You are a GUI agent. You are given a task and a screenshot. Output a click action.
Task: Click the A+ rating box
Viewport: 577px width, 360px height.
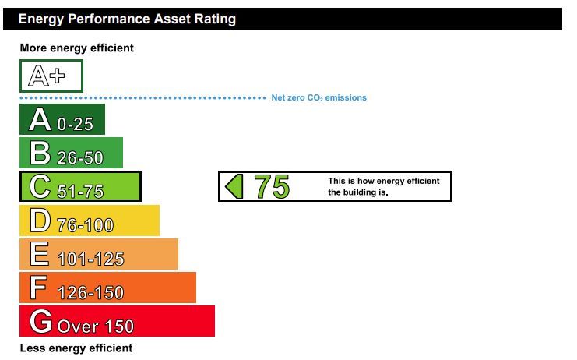[51, 76]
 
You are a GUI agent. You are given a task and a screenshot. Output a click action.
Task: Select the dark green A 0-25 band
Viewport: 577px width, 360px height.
[62, 119]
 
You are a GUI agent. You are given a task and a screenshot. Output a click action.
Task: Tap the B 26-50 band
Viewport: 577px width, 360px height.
[71, 153]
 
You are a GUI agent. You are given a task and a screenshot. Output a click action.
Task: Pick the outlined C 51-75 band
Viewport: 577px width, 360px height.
[80, 186]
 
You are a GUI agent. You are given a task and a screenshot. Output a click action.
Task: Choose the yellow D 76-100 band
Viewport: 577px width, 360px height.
[90, 220]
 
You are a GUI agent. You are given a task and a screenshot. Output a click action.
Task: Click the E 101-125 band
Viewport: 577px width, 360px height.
[99, 254]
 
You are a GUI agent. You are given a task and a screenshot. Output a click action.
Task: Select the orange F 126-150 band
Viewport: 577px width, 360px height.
[107, 288]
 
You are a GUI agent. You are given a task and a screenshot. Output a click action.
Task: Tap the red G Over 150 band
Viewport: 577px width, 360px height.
[117, 321]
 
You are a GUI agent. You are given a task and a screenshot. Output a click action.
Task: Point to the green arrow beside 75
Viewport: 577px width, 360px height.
[234, 187]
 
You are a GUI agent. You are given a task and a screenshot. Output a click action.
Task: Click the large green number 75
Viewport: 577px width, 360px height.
[272, 187]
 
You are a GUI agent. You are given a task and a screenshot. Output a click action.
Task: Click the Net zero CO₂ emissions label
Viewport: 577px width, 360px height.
[319, 97]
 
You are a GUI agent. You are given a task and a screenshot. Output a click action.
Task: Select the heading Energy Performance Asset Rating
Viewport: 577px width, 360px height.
[127, 19]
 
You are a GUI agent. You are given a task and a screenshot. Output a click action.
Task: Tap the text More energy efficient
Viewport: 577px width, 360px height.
[76, 48]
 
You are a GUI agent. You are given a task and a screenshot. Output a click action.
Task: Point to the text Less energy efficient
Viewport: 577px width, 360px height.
[76, 348]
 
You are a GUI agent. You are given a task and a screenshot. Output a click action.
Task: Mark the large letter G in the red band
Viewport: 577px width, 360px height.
[40, 321]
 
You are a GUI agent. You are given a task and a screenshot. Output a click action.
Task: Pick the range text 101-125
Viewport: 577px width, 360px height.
[91, 259]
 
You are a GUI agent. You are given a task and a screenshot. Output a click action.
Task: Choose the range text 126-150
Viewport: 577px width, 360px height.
[90, 293]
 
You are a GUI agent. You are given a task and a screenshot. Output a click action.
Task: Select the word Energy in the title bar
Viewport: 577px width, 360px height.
[41, 19]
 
